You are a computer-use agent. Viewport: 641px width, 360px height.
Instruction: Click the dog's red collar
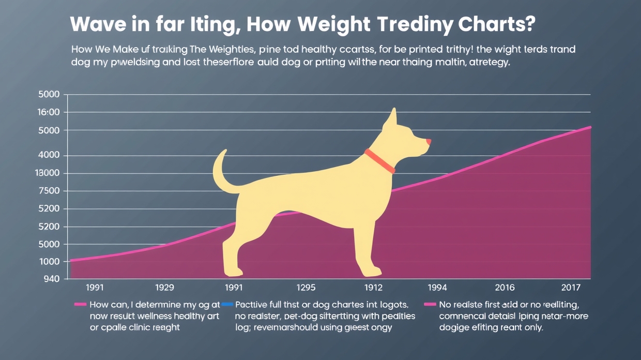(380, 161)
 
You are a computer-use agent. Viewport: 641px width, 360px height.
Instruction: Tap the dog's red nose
(428, 141)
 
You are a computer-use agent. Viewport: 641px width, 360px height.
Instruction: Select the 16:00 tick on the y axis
(50, 112)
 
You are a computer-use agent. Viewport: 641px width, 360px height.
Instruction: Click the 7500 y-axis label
(50, 191)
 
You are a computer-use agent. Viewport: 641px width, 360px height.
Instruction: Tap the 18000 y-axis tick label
(49, 174)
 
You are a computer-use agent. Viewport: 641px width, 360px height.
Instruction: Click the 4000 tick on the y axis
(50, 156)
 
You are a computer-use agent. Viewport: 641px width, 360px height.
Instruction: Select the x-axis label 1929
(164, 288)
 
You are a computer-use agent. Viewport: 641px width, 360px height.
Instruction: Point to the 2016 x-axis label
(505, 288)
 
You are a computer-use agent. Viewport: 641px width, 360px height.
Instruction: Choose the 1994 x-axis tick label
(437, 288)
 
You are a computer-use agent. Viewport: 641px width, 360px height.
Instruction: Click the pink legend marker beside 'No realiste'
(430, 304)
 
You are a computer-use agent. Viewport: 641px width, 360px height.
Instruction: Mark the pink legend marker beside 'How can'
(80, 304)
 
